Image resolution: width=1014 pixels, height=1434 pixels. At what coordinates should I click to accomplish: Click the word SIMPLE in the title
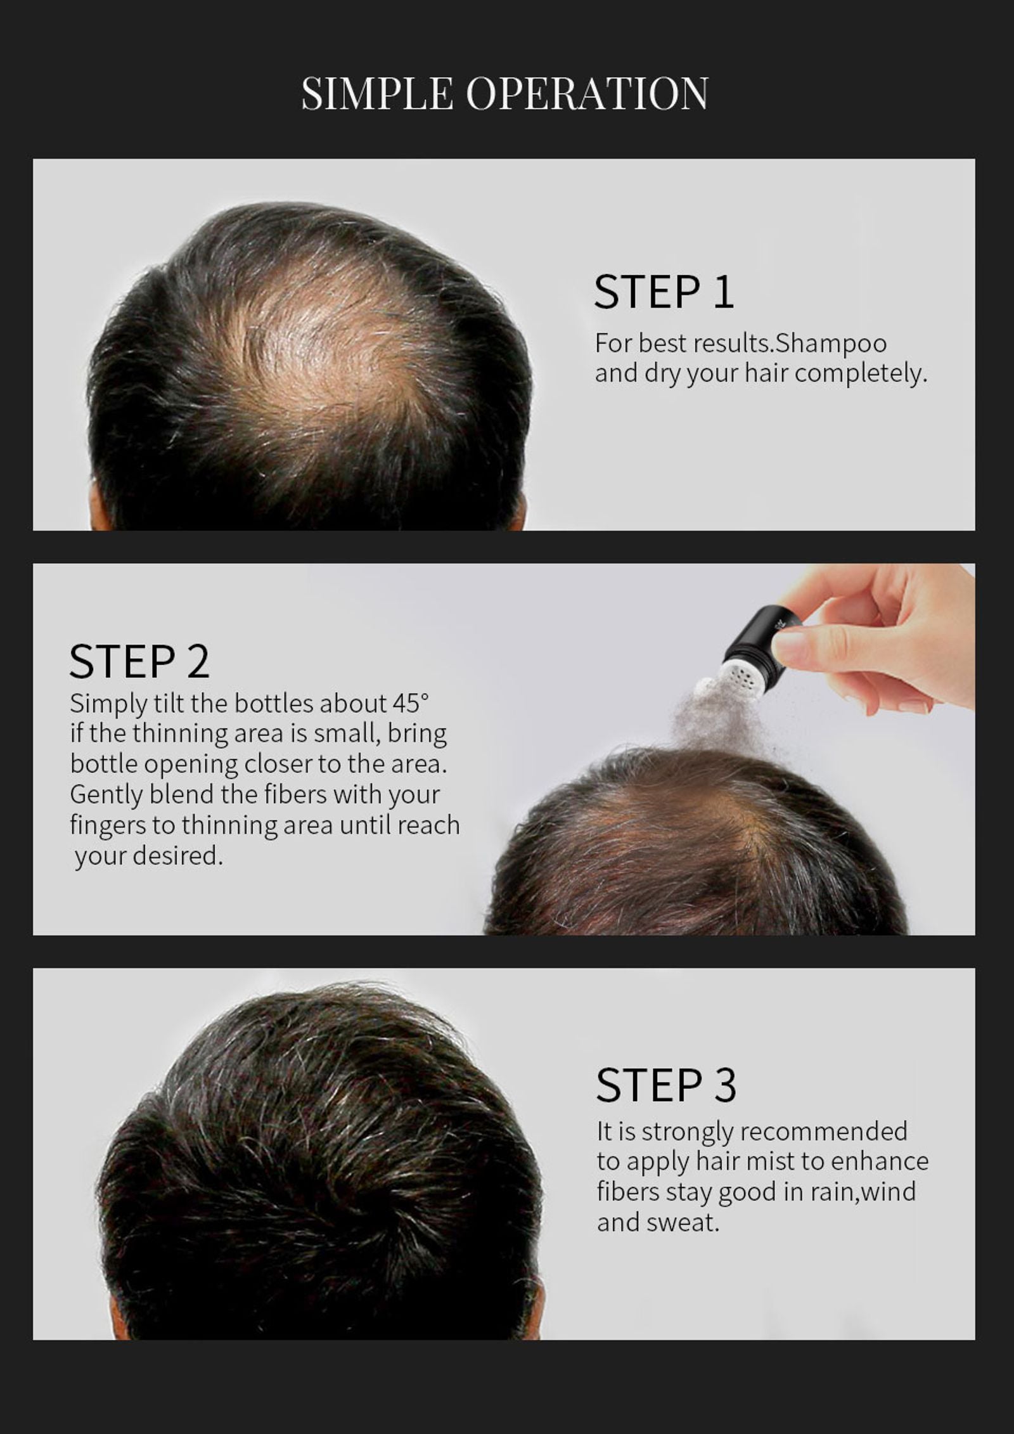pos(377,93)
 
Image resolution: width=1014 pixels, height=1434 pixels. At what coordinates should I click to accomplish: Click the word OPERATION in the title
pos(587,93)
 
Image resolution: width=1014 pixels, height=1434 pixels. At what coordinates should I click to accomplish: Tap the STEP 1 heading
pos(664,292)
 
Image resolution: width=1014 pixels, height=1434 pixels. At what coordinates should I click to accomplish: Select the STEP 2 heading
pos(139,661)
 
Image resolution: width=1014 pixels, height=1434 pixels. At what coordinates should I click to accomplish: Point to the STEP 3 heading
pos(666,1085)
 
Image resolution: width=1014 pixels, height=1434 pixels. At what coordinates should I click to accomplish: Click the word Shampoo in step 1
pos(831,344)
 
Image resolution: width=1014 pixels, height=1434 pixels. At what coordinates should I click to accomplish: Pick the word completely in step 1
pos(861,374)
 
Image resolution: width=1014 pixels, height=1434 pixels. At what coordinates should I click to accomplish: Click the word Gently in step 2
pos(106,795)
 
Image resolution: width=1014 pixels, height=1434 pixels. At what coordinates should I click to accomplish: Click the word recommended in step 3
pos(823,1132)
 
